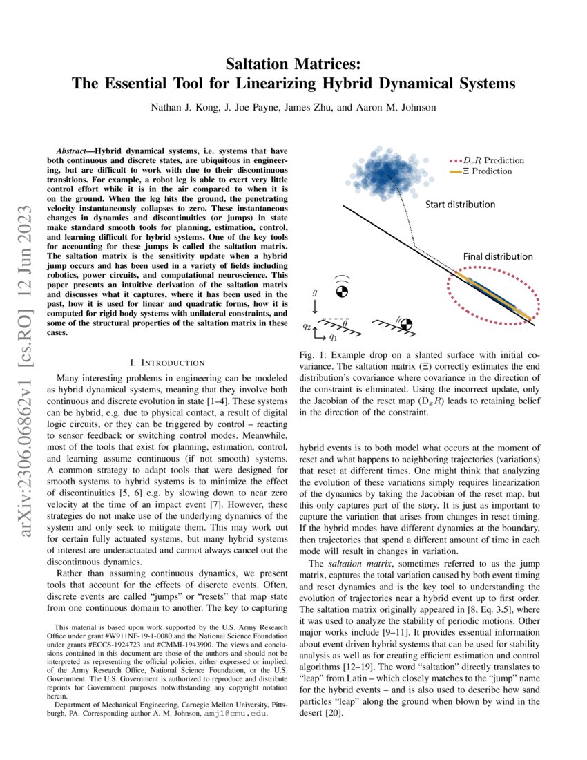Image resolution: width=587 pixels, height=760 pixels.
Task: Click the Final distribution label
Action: click(497, 256)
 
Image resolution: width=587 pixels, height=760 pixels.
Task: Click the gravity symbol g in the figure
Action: click(314, 292)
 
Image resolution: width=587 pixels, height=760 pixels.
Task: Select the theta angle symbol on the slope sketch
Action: click(345, 322)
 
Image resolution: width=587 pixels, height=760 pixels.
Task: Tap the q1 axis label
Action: click(333, 338)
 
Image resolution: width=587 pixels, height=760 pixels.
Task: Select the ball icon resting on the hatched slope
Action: click(407, 323)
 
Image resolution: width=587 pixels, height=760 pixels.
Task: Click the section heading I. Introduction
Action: click(167, 362)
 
